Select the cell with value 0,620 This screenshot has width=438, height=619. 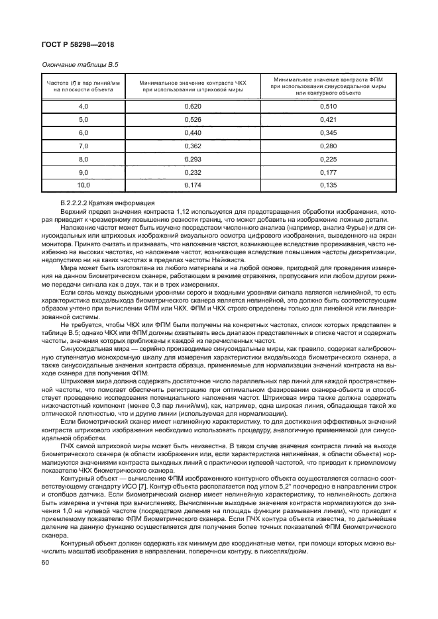(x=193, y=106)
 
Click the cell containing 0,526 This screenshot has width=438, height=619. (x=193, y=119)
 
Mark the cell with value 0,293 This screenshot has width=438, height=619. (x=193, y=159)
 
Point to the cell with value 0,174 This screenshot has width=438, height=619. (x=193, y=185)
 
